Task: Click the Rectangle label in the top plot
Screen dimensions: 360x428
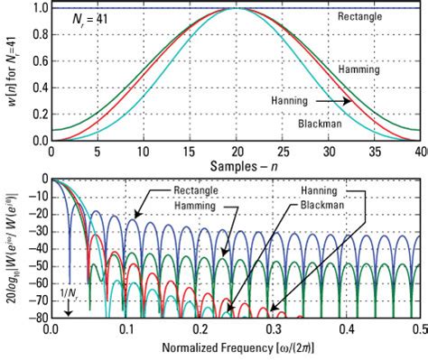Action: pyautogui.click(x=372, y=17)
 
